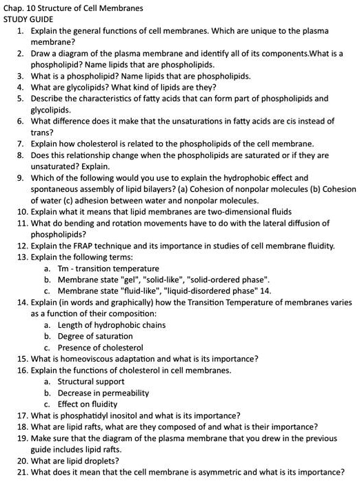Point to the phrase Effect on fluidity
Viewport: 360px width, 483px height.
(88, 404)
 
